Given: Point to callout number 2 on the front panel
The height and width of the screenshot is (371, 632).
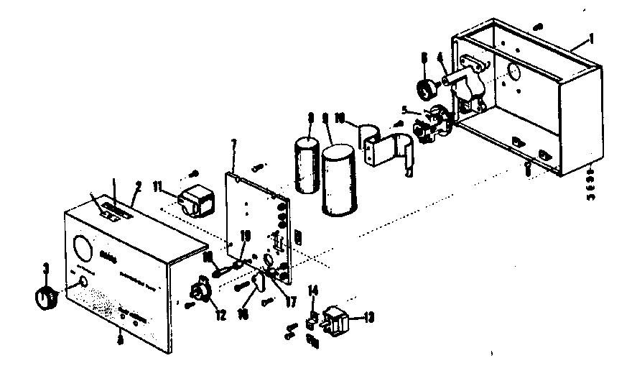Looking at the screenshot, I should tap(139, 185).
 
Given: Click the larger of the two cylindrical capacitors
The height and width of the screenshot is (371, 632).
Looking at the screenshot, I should tap(337, 180).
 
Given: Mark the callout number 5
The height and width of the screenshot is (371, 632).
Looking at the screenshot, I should tap(406, 110).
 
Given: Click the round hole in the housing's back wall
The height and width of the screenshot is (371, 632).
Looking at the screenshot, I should tap(514, 72).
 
